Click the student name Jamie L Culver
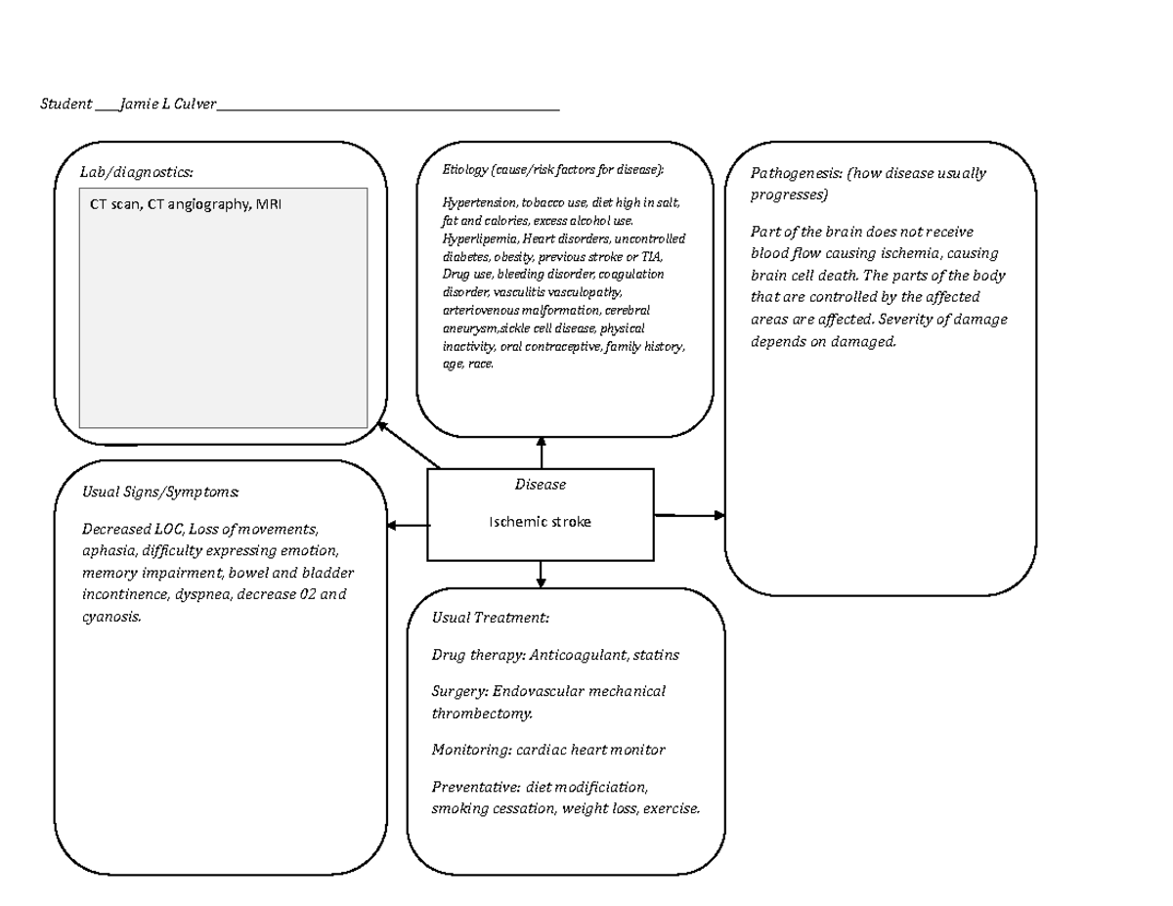(167, 104)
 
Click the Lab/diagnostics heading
(137, 172)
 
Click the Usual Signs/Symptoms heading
(160, 491)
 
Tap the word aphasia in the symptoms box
(107, 550)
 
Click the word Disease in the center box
(540, 484)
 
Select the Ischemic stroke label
(540, 522)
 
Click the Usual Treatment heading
(490, 618)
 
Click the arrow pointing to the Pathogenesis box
(690, 514)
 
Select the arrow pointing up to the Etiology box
(542, 453)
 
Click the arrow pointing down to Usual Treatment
(540, 575)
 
